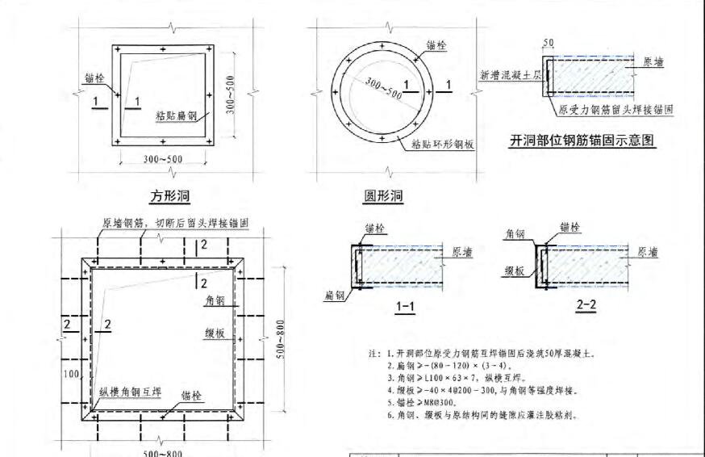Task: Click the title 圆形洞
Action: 383,196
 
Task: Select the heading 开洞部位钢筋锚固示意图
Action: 581,140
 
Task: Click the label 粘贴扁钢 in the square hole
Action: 176,115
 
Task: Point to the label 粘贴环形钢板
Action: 442,145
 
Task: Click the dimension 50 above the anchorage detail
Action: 549,43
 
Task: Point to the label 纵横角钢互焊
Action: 130,392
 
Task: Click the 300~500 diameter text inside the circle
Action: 382,87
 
